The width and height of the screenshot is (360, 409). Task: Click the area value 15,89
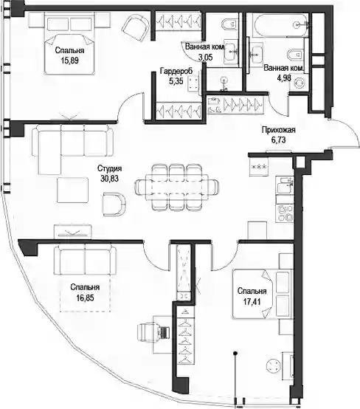(x=69, y=61)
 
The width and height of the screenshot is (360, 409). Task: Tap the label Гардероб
(x=176, y=71)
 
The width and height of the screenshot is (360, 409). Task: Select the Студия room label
(x=109, y=168)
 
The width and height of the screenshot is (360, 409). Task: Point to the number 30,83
(x=109, y=179)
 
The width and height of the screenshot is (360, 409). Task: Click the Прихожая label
(x=278, y=130)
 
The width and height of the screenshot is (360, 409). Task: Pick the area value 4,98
(x=284, y=78)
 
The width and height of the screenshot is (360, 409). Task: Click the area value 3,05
(x=205, y=57)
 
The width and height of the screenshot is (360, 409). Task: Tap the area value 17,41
(x=252, y=302)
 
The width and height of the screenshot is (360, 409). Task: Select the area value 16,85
(x=85, y=298)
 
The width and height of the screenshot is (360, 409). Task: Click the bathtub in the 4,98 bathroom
(x=281, y=25)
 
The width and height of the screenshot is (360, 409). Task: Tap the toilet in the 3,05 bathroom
(x=229, y=24)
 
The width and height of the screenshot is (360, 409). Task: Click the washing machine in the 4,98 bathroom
(x=299, y=83)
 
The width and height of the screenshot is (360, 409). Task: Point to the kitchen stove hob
(x=285, y=213)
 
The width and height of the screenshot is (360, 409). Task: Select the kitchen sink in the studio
(x=285, y=185)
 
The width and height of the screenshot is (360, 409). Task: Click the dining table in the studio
(x=176, y=187)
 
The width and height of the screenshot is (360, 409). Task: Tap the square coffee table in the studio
(x=72, y=190)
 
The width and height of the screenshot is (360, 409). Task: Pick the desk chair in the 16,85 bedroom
(x=151, y=331)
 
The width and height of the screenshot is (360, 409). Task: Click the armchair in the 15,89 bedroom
(x=136, y=27)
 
